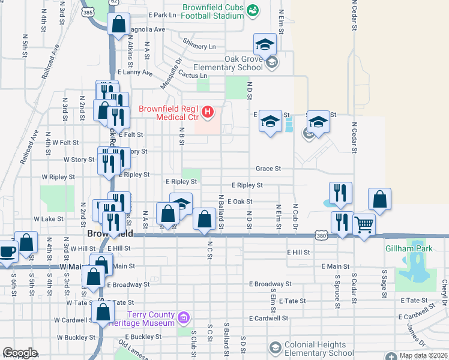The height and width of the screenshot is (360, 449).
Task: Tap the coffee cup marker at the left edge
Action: coord(8,251)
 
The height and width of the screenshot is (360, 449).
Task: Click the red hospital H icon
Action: coord(208,110)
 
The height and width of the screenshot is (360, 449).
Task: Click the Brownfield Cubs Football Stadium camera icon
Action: coord(252,10)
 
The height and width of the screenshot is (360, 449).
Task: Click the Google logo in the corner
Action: coord(20,353)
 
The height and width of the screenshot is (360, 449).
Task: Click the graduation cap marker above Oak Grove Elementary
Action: coord(265,45)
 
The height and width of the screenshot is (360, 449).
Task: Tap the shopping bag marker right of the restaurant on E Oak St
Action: coord(379,200)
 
